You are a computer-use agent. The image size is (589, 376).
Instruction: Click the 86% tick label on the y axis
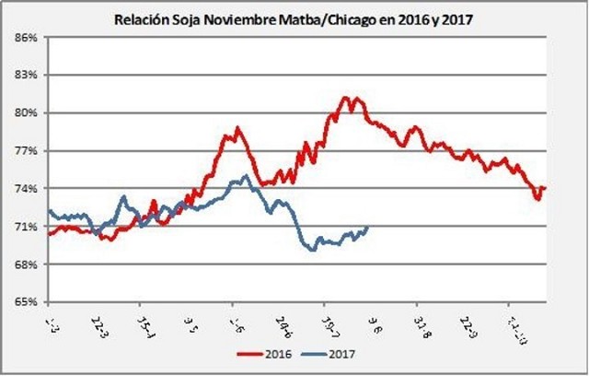coord(24,38)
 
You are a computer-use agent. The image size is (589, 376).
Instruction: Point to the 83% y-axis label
coord(24,76)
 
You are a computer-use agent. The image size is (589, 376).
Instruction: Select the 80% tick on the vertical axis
coord(24,113)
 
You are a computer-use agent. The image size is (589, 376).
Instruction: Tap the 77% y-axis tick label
coord(24,151)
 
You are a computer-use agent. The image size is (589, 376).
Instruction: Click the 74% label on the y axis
coord(24,189)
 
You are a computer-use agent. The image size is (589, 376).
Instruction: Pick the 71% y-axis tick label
coord(24,227)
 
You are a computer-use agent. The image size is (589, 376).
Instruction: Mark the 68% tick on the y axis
coord(24,264)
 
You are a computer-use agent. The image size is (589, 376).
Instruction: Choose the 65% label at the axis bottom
coord(24,302)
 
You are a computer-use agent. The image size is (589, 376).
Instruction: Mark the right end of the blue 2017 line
coord(367,227)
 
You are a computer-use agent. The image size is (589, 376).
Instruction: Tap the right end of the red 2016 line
coord(545,188)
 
